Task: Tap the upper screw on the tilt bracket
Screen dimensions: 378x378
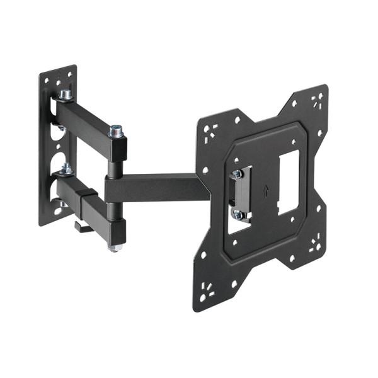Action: pyautogui.click(x=238, y=175)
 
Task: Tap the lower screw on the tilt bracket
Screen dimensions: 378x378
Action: pyautogui.click(x=238, y=215)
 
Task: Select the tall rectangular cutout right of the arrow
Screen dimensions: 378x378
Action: pyautogui.click(x=289, y=175)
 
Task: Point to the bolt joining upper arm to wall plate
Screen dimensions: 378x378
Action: pyautogui.click(x=65, y=95)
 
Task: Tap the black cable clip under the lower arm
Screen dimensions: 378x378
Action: pyautogui.click(x=82, y=226)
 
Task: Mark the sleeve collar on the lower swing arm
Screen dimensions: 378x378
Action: pyautogui.click(x=88, y=200)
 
